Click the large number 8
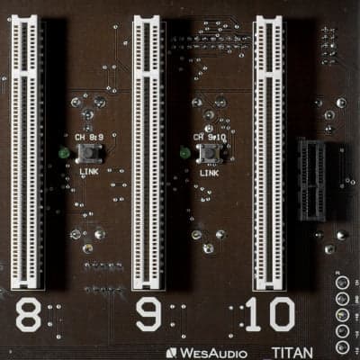(x=28, y=316)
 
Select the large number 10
(x=269, y=316)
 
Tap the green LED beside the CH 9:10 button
(x=184, y=153)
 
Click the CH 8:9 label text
(x=87, y=138)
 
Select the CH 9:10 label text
(x=209, y=138)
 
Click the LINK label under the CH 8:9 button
(x=88, y=169)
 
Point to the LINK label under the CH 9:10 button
(x=209, y=169)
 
